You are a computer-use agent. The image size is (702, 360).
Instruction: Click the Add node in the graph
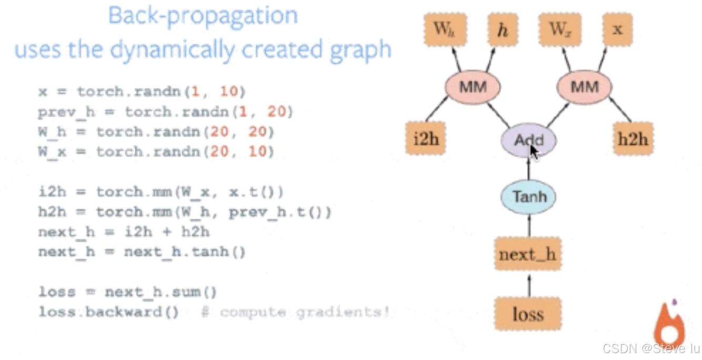528,141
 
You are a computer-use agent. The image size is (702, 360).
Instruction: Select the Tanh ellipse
528,197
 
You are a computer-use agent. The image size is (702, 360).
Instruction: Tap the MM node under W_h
472,87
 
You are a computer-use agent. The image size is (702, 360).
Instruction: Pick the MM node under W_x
584,87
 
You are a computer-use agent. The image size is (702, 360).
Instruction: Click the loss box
528,314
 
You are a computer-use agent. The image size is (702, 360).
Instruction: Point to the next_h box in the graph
528,255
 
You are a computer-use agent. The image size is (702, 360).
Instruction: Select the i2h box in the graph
425,139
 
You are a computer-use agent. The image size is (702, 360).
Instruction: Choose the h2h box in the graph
633,139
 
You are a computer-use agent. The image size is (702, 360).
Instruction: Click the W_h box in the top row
443,29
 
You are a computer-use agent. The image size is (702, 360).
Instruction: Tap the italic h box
503,29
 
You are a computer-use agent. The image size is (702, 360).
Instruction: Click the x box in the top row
617,29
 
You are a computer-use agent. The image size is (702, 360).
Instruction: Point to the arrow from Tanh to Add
528,169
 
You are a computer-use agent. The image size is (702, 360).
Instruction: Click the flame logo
669,324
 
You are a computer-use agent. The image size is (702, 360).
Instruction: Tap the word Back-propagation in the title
203,16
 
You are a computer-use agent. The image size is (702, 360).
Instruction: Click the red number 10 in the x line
229,92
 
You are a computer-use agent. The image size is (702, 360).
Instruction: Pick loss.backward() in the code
108,312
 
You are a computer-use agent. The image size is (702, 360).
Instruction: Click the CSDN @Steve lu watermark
651,348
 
